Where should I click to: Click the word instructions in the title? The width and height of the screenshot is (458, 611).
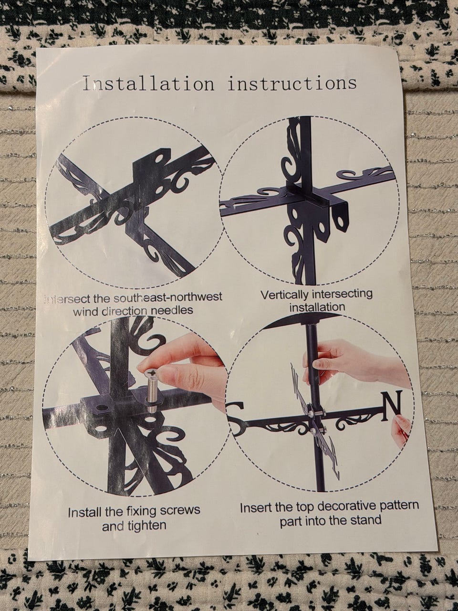click(x=292, y=83)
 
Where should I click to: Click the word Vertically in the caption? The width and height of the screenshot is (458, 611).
click(x=285, y=295)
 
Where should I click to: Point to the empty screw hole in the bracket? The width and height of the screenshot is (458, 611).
click(x=102, y=408)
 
